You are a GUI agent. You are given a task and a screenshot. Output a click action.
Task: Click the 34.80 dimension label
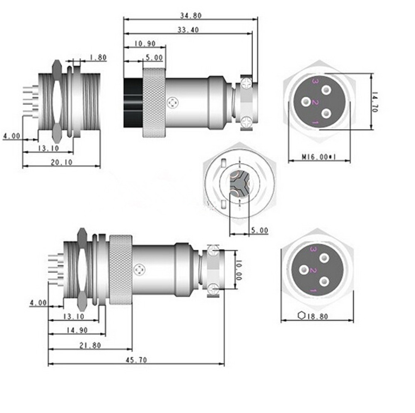point(191,16)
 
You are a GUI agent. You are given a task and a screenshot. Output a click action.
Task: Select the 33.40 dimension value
point(188,30)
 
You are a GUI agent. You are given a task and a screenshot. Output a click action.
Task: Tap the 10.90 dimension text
point(145,43)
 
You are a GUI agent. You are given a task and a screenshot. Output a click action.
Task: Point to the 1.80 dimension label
point(98,58)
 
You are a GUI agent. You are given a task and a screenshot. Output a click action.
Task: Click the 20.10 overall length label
point(62,163)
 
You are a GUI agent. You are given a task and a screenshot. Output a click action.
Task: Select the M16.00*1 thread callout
point(319,157)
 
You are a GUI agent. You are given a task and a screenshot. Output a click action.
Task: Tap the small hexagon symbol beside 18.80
point(301,316)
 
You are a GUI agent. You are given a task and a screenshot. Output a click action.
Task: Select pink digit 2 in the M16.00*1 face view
point(315,102)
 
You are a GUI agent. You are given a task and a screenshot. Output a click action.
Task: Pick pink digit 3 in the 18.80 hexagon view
point(314,249)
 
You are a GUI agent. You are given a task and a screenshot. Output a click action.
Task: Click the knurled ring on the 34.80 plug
point(154,103)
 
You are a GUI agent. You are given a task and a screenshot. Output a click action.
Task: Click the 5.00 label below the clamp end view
point(260,231)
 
